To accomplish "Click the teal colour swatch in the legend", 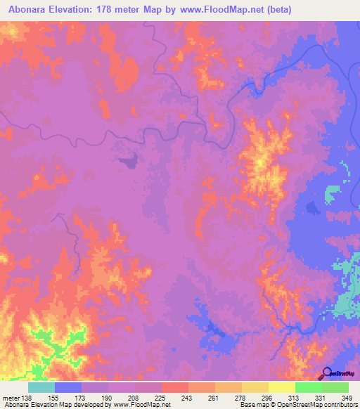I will coord(41,387).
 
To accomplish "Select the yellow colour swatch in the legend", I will coord(281,387).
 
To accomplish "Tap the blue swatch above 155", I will coord(68,387).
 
